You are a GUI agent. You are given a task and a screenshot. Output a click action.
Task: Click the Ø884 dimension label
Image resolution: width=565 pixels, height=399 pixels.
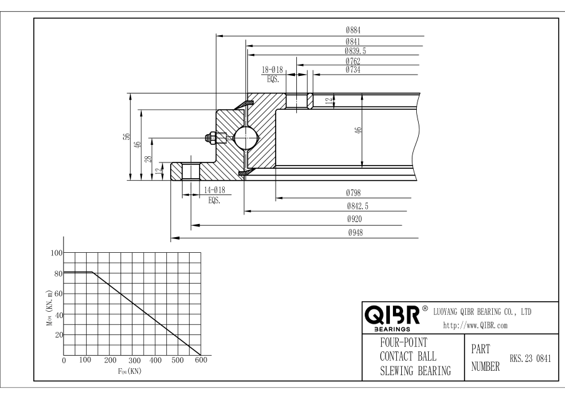coord(352,29)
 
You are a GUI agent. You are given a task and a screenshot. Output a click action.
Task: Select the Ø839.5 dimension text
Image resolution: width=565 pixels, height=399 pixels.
coord(355,51)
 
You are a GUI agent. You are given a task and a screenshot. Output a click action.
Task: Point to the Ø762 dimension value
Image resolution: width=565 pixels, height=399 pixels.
coord(352,61)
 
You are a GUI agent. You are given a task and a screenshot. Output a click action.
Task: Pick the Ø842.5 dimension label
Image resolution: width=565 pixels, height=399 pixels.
coord(357,206)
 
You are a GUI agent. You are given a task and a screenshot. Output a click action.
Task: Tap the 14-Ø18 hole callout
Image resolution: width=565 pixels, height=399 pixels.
coord(214,190)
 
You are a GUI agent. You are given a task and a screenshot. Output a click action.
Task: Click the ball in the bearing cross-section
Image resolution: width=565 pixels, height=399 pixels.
coord(244,137)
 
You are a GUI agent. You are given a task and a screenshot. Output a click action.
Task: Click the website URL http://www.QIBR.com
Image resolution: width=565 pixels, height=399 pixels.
coord(476,326)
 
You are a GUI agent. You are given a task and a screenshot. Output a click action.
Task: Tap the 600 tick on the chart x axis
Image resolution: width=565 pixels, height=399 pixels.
coord(200,361)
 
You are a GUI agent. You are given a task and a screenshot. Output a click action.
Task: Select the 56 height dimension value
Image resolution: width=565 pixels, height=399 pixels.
coord(126,137)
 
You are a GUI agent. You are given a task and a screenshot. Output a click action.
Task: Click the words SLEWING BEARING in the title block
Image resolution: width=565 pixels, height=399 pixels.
coord(415,371)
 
